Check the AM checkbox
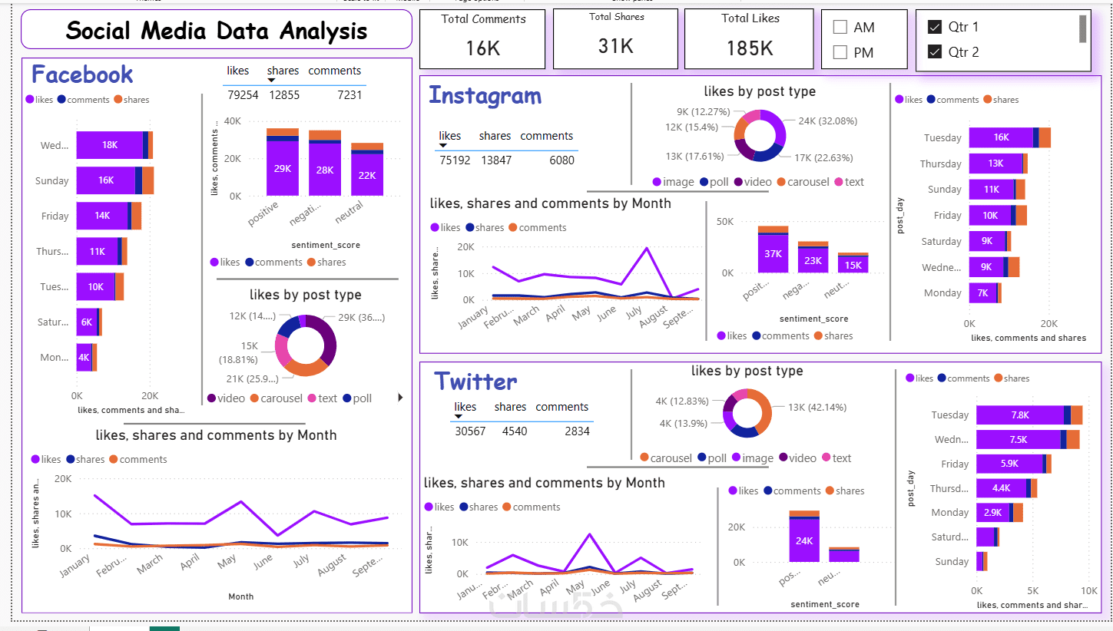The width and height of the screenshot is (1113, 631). pyautogui.click(x=840, y=28)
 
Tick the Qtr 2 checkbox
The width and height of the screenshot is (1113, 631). pyautogui.click(x=935, y=52)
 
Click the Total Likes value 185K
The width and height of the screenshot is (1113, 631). pyautogui.click(x=750, y=48)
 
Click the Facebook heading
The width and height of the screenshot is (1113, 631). pyautogui.click(x=82, y=74)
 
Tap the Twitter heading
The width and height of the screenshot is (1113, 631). pyautogui.click(x=475, y=382)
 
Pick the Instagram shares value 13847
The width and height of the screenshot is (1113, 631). pyautogui.click(x=495, y=160)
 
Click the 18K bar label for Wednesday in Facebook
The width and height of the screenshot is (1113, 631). pyautogui.click(x=110, y=145)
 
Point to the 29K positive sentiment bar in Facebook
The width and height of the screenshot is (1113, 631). pyautogui.click(x=283, y=169)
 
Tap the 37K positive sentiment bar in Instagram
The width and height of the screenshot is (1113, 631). pyautogui.click(x=773, y=253)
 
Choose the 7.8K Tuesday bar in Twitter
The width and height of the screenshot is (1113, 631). pyautogui.click(x=1020, y=415)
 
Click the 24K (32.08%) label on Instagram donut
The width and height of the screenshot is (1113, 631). pyautogui.click(x=827, y=121)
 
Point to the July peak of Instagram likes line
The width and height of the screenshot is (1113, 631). pyautogui.click(x=647, y=248)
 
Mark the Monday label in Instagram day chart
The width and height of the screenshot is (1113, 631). pyautogui.click(x=942, y=293)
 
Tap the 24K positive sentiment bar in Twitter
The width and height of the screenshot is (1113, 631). pyautogui.click(x=803, y=540)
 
